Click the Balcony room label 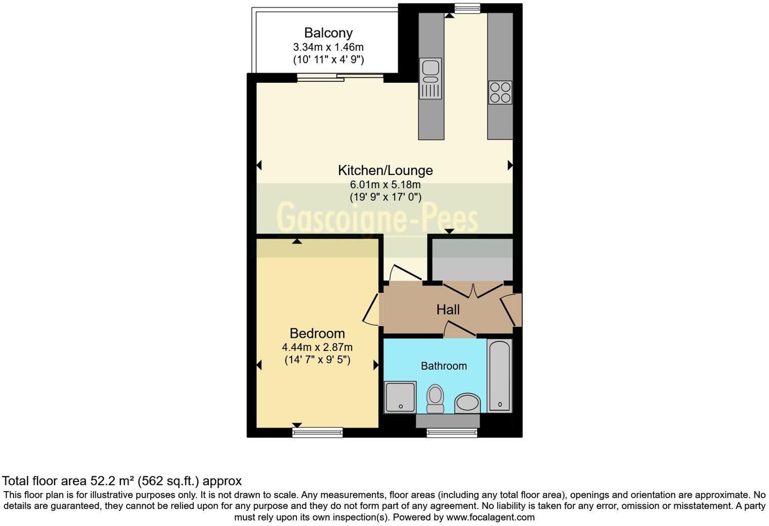pyautogui.click(x=328, y=33)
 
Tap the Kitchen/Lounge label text pyautogui.click(x=385, y=170)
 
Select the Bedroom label pyautogui.click(x=317, y=333)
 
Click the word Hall pyautogui.click(x=448, y=310)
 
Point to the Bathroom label pyautogui.click(x=444, y=366)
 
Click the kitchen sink pyautogui.click(x=431, y=78)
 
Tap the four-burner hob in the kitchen pyautogui.click(x=500, y=93)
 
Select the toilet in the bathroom pyautogui.click(x=435, y=398)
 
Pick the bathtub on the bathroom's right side pyautogui.click(x=499, y=375)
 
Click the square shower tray pyautogui.click(x=400, y=397)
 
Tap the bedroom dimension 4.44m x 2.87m pyautogui.click(x=317, y=347)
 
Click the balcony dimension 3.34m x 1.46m pyautogui.click(x=328, y=47)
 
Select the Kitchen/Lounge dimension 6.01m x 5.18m pyautogui.click(x=385, y=185)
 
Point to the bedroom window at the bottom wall pyautogui.click(x=318, y=432)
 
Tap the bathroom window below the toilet pyautogui.click(x=452, y=432)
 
